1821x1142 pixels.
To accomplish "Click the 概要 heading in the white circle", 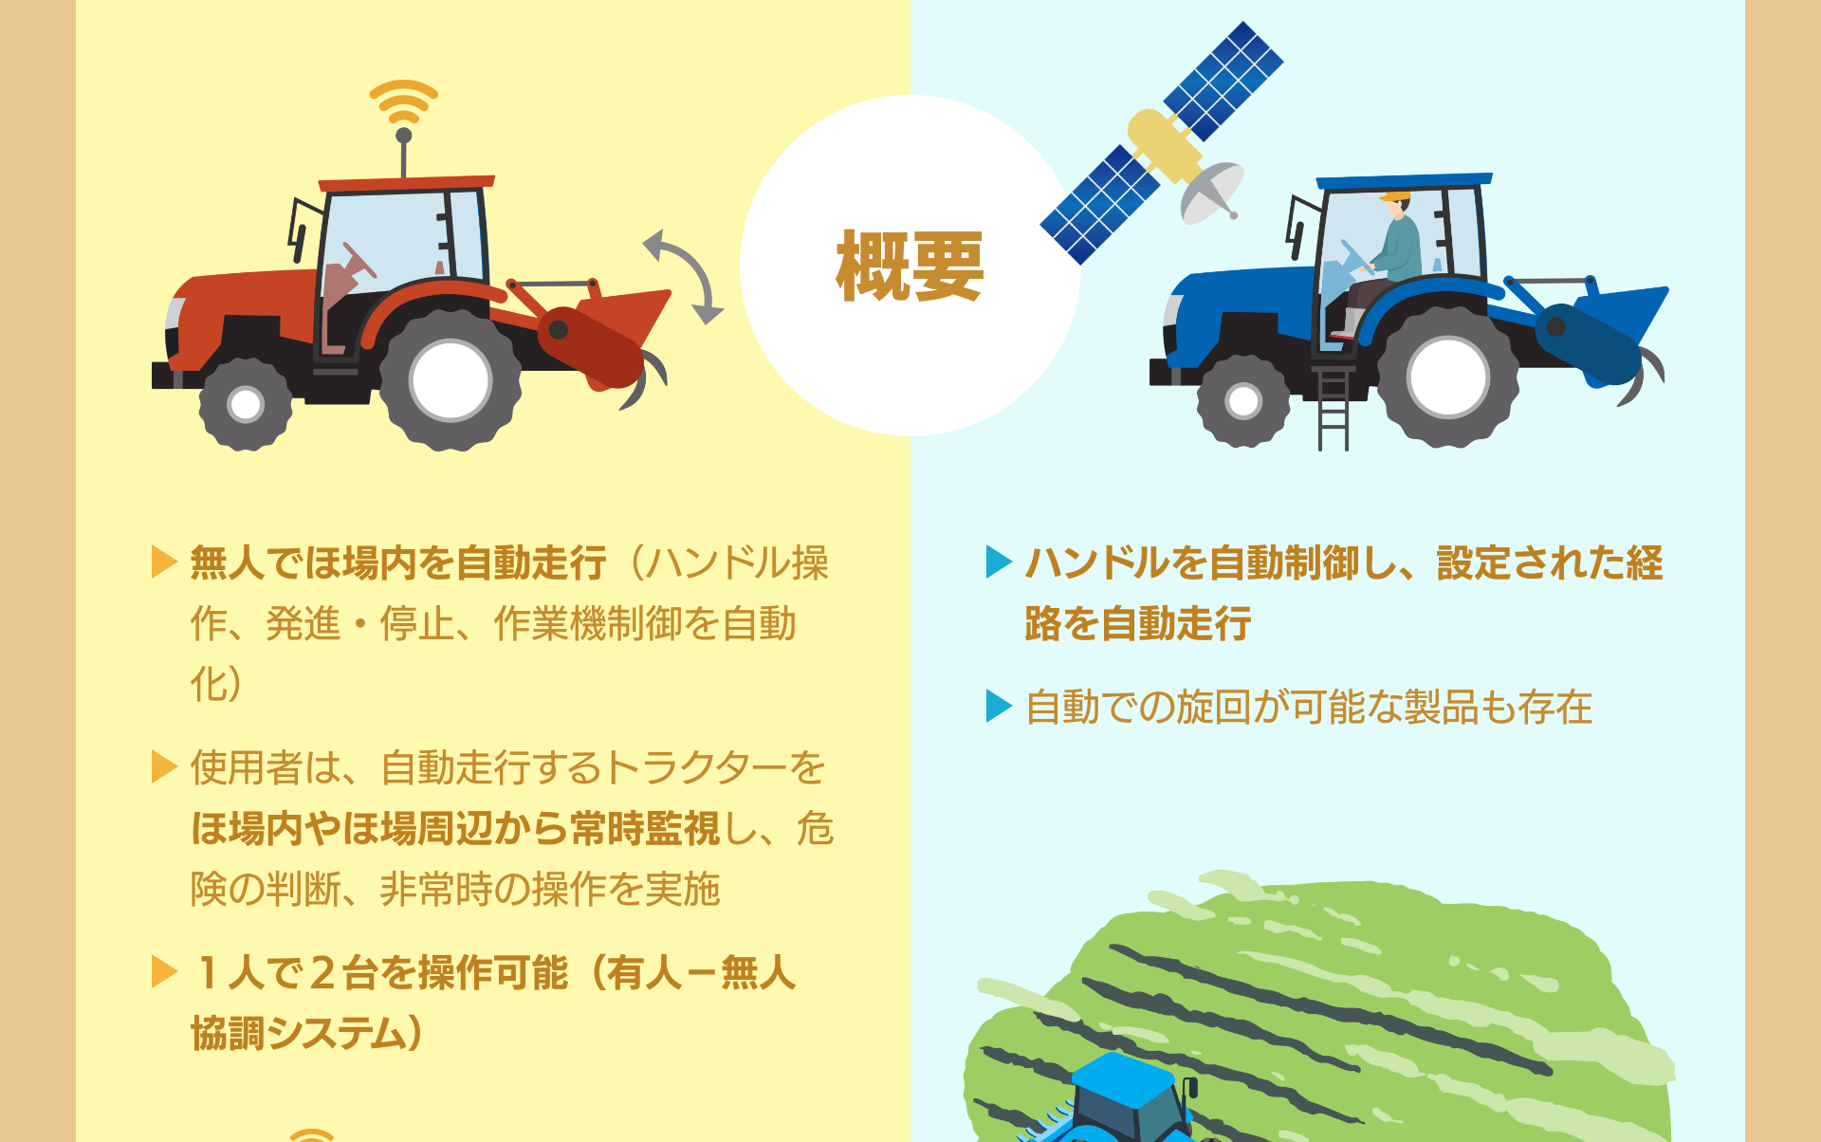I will coord(910,267).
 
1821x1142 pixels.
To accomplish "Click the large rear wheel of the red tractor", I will coord(451,379).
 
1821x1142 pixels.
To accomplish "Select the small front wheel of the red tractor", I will coord(246,403).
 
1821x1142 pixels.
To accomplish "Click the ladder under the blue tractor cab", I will coord(1333,408).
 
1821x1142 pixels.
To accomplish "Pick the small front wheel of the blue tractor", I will coord(1243,400).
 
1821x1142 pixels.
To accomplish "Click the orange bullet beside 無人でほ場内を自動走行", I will coord(164,562).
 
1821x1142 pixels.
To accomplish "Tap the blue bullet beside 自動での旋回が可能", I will coord(999,706).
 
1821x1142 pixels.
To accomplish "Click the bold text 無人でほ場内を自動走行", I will coord(398,562).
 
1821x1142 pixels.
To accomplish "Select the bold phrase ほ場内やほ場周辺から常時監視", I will coord(455,828).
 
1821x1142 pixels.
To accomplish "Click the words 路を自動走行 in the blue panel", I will coord(1138,623).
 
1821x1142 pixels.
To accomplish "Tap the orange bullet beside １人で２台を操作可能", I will coord(164,971).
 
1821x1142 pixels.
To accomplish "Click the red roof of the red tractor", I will coord(406,182).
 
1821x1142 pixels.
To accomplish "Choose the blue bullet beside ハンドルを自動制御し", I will coord(999,562).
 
